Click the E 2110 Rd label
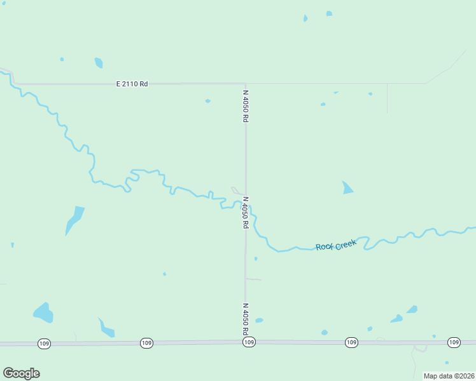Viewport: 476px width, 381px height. pyautogui.click(x=132, y=84)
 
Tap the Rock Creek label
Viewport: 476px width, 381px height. pyautogui.click(x=336, y=245)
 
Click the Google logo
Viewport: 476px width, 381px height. pyautogui.click(x=21, y=373)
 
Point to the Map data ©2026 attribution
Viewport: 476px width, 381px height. pyautogui.click(x=448, y=376)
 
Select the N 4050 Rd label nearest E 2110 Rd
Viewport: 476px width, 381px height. pyautogui.click(x=245, y=106)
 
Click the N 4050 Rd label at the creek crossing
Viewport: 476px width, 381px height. pyautogui.click(x=245, y=212)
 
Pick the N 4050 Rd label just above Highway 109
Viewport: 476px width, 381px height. pyautogui.click(x=245, y=319)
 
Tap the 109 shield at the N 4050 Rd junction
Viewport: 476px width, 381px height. pyautogui.click(x=249, y=342)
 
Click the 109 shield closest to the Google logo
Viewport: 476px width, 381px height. pyautogui.click(x=44, y=344)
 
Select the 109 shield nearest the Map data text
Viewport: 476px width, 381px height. pyautogui.click(x=453, y=342)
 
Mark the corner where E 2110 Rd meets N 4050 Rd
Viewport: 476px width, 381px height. pyautogui.click(x=246, y=83)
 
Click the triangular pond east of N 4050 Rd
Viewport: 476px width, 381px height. pyautogui.click(x=347, y=188)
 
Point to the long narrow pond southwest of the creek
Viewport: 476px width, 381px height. pyautogui.click(x=74, y=220)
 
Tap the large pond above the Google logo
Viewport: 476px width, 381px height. pyautogui.click(x=43, y=312)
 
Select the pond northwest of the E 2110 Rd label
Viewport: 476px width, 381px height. pyautogui.click(x=99, y=62)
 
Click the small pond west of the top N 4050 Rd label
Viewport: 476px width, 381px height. pyautogui.click(x=207, y=101)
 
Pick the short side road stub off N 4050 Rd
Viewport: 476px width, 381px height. pyautogui.click(x=253, y=279)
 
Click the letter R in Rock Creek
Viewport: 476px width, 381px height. pyautogui.click(x=319, y=247)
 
